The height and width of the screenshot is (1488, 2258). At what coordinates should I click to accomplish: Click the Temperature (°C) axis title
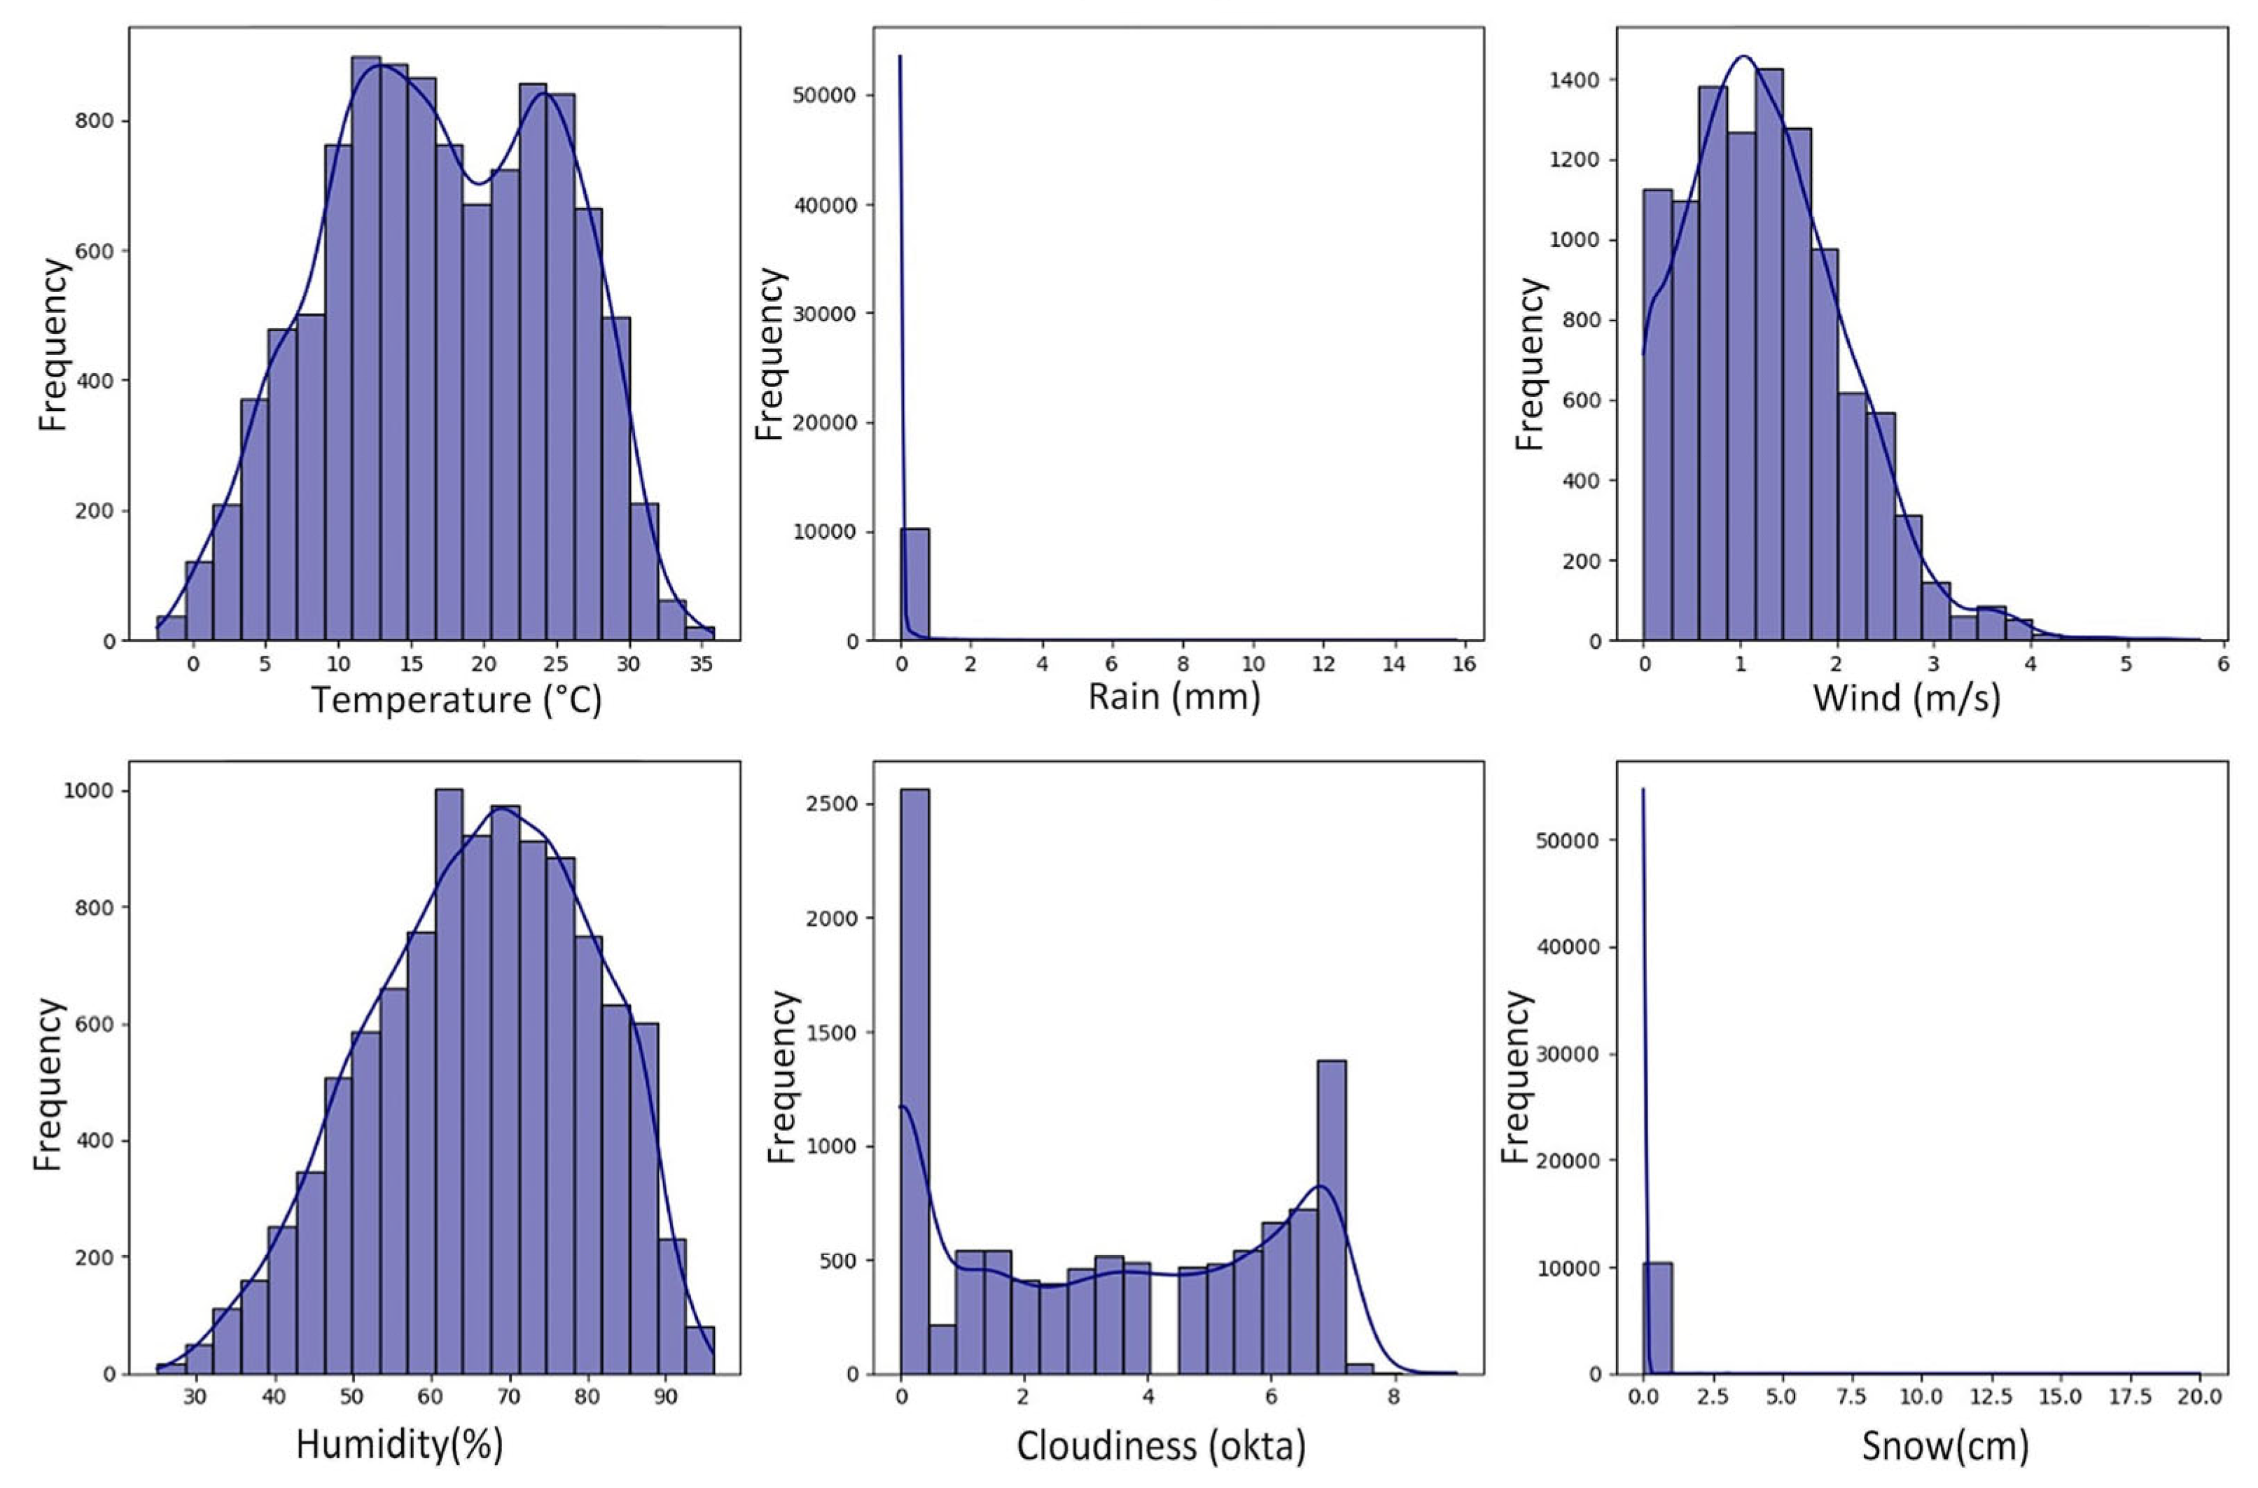click(457, 701)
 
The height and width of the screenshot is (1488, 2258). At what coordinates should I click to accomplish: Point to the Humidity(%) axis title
click(400, 1445)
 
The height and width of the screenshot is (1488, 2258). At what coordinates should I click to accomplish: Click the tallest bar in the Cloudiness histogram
click(915, 1082)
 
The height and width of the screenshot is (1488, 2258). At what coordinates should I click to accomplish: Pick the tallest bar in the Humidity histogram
click(449, 1082)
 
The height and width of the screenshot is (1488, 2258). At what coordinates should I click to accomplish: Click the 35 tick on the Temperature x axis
click(699, 664)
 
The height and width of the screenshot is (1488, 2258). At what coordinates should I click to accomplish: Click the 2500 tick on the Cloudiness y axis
click(835, 803)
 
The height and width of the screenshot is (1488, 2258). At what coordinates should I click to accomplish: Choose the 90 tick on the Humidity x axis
click(667, 1398)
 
